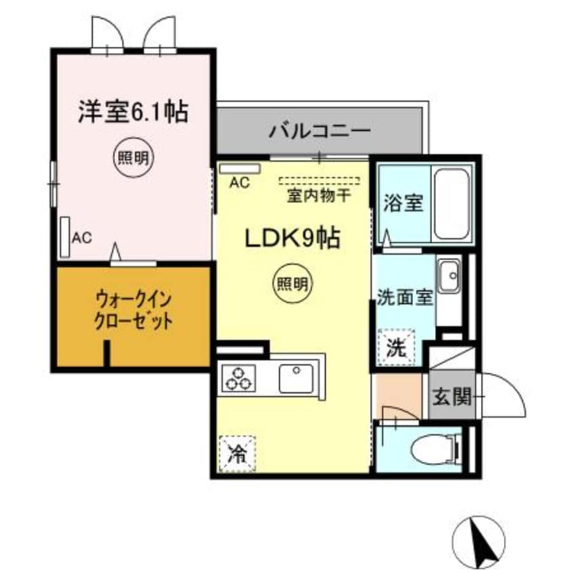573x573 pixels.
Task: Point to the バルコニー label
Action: [x=319, y=130]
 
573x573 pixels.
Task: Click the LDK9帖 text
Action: [x=292, y=238]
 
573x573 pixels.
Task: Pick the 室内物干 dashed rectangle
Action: [x=319, y=181]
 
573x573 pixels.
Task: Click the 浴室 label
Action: [x=404, y=203]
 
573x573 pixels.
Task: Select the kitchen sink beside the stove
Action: [x=295, y=377]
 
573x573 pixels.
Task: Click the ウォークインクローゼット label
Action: [x=133, y=309]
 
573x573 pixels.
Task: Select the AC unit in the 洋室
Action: [x=65, y=236]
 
